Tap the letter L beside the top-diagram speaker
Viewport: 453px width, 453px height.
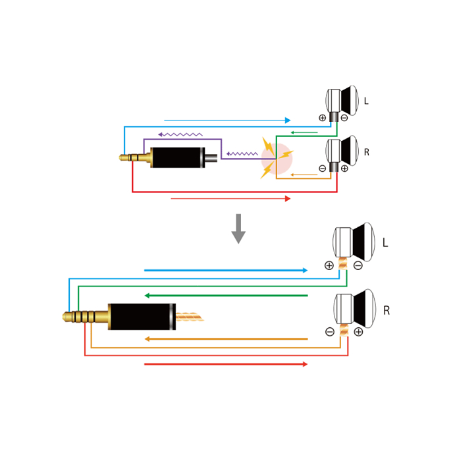(x=366, y=101)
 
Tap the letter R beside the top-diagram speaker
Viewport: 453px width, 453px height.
(x=366, y=153)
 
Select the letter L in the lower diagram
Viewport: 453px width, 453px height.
(x=385, y=244)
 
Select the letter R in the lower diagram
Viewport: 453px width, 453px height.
(x=386, y=311)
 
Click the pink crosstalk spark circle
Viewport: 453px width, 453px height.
(x=277, y=159)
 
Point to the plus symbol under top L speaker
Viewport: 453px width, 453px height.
(x=322, y=118)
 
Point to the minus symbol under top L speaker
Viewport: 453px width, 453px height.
(x=344, y=118)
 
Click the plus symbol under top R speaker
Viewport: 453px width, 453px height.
(x=344, y=169)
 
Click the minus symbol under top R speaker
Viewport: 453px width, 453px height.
(x=322, y=169)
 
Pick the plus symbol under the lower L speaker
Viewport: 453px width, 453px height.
(x=329, y=265)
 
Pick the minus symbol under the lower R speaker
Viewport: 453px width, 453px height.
(x=330, y=332)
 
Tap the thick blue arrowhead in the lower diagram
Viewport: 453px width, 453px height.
(x=304, y=270)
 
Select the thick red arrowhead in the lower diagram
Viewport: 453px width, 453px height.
(x=304, y=364)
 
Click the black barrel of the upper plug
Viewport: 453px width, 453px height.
(x=176, y=157)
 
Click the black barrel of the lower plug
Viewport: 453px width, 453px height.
(x=140, y=317)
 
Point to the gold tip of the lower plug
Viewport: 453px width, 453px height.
(x=67, y=317)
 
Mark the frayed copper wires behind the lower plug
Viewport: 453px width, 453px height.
(x=189, y=317)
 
